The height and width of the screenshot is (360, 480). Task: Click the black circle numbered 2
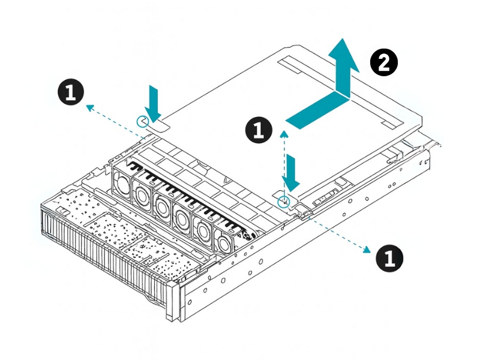pyautogui.click(x=383, y=62)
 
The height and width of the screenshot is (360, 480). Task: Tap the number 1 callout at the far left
pyautogui.click(x=70, y=93)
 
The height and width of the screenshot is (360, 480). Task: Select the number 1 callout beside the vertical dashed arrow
pyautogui.click(x=259, y=130)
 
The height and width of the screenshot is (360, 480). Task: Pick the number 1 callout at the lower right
pyautogui.click(x=389, y=258)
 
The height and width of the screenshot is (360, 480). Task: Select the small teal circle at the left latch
pyautogui.click(x=142, y=121)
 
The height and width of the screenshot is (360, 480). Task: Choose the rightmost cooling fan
pyautogui.click(x=223, y=241)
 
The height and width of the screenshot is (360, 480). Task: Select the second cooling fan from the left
pyautogui.click(x=143, y=193)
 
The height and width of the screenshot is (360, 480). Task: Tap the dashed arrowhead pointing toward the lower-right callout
pyautogui.click(x=364, y=248)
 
